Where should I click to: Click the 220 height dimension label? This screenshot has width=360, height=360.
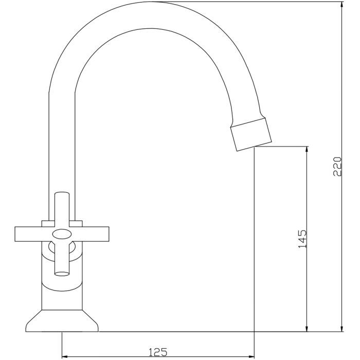[x=337, y=166]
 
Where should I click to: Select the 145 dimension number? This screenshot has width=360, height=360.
[x=302, y=239]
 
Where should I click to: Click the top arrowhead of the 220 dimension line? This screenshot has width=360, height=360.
[x=343, y=5]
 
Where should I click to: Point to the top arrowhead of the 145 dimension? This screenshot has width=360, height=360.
[x=308, y=149]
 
